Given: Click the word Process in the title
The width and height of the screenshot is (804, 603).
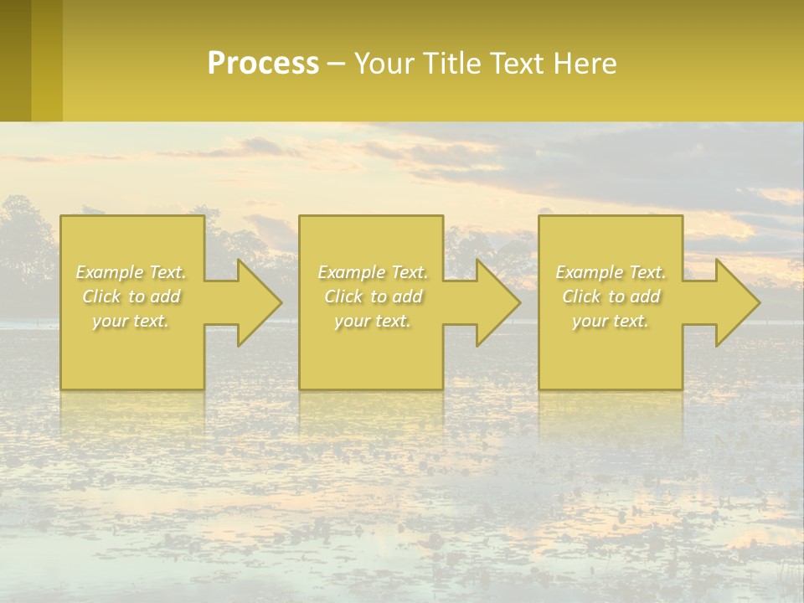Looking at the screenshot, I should pos(263,64).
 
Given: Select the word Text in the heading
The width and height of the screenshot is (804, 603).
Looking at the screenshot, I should pos(518,64).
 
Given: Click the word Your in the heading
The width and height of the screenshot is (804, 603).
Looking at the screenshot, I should pos(384,64).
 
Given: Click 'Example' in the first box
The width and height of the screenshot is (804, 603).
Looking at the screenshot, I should pos(110,272).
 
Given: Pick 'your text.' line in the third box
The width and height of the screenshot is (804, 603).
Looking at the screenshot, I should pos(611,321).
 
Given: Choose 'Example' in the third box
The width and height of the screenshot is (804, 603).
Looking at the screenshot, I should pos(589,272).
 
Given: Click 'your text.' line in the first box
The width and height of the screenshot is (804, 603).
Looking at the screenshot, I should pos(131,321).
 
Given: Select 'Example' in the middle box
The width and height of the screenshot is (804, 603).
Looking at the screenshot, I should pos(351,272).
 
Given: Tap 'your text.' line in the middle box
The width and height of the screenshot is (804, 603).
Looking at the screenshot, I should pos(372,321).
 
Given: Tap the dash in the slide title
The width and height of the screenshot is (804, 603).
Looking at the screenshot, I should pos(337,64).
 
